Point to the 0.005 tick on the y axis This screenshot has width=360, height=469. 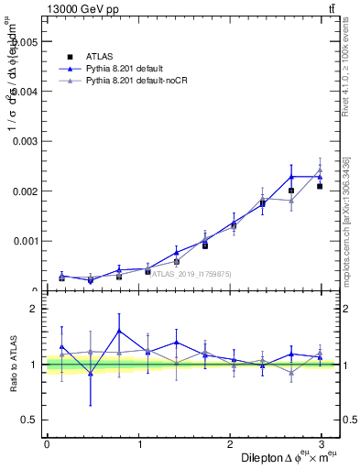(x=24, y=42)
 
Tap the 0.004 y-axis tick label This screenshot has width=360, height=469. (x=24, y=92)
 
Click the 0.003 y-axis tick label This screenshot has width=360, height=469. (x=24, y=142)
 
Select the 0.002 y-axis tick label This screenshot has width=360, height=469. (x=24, y=191)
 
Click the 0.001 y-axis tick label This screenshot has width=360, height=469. (x=24, y=242)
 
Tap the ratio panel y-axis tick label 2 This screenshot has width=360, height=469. (x=32, y=310)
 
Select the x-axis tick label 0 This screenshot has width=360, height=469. (x=47, y=444)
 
